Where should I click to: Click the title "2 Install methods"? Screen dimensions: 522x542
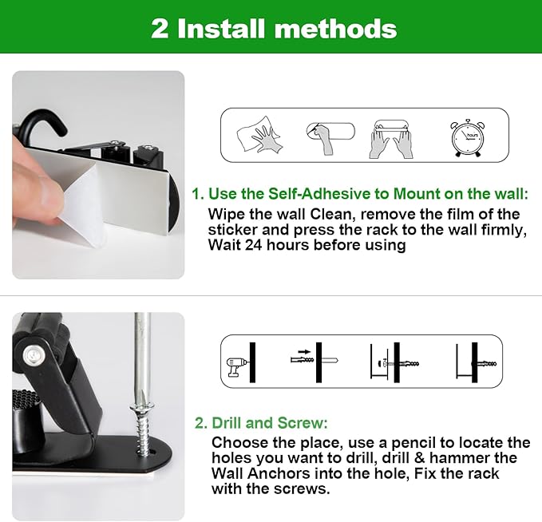(274, 29)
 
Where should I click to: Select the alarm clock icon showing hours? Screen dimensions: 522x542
(466, 137)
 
